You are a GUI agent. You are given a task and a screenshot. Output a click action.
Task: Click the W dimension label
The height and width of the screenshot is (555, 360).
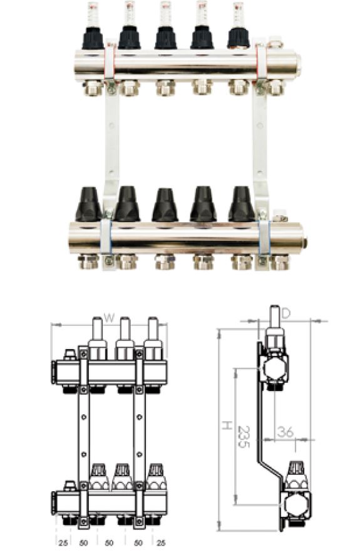point(109,318)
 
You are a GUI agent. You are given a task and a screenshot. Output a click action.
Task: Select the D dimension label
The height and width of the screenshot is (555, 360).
point(285,313)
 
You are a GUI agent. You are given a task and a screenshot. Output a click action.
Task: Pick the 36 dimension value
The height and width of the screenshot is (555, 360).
point(285,432)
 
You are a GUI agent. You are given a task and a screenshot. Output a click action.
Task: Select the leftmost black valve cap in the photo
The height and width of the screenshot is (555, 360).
point(88,203)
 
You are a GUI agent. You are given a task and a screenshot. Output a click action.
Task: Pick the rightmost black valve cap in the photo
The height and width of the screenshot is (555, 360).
point(240,203)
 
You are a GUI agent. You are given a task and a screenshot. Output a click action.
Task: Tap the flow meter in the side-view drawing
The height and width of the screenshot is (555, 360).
point(274,332)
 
